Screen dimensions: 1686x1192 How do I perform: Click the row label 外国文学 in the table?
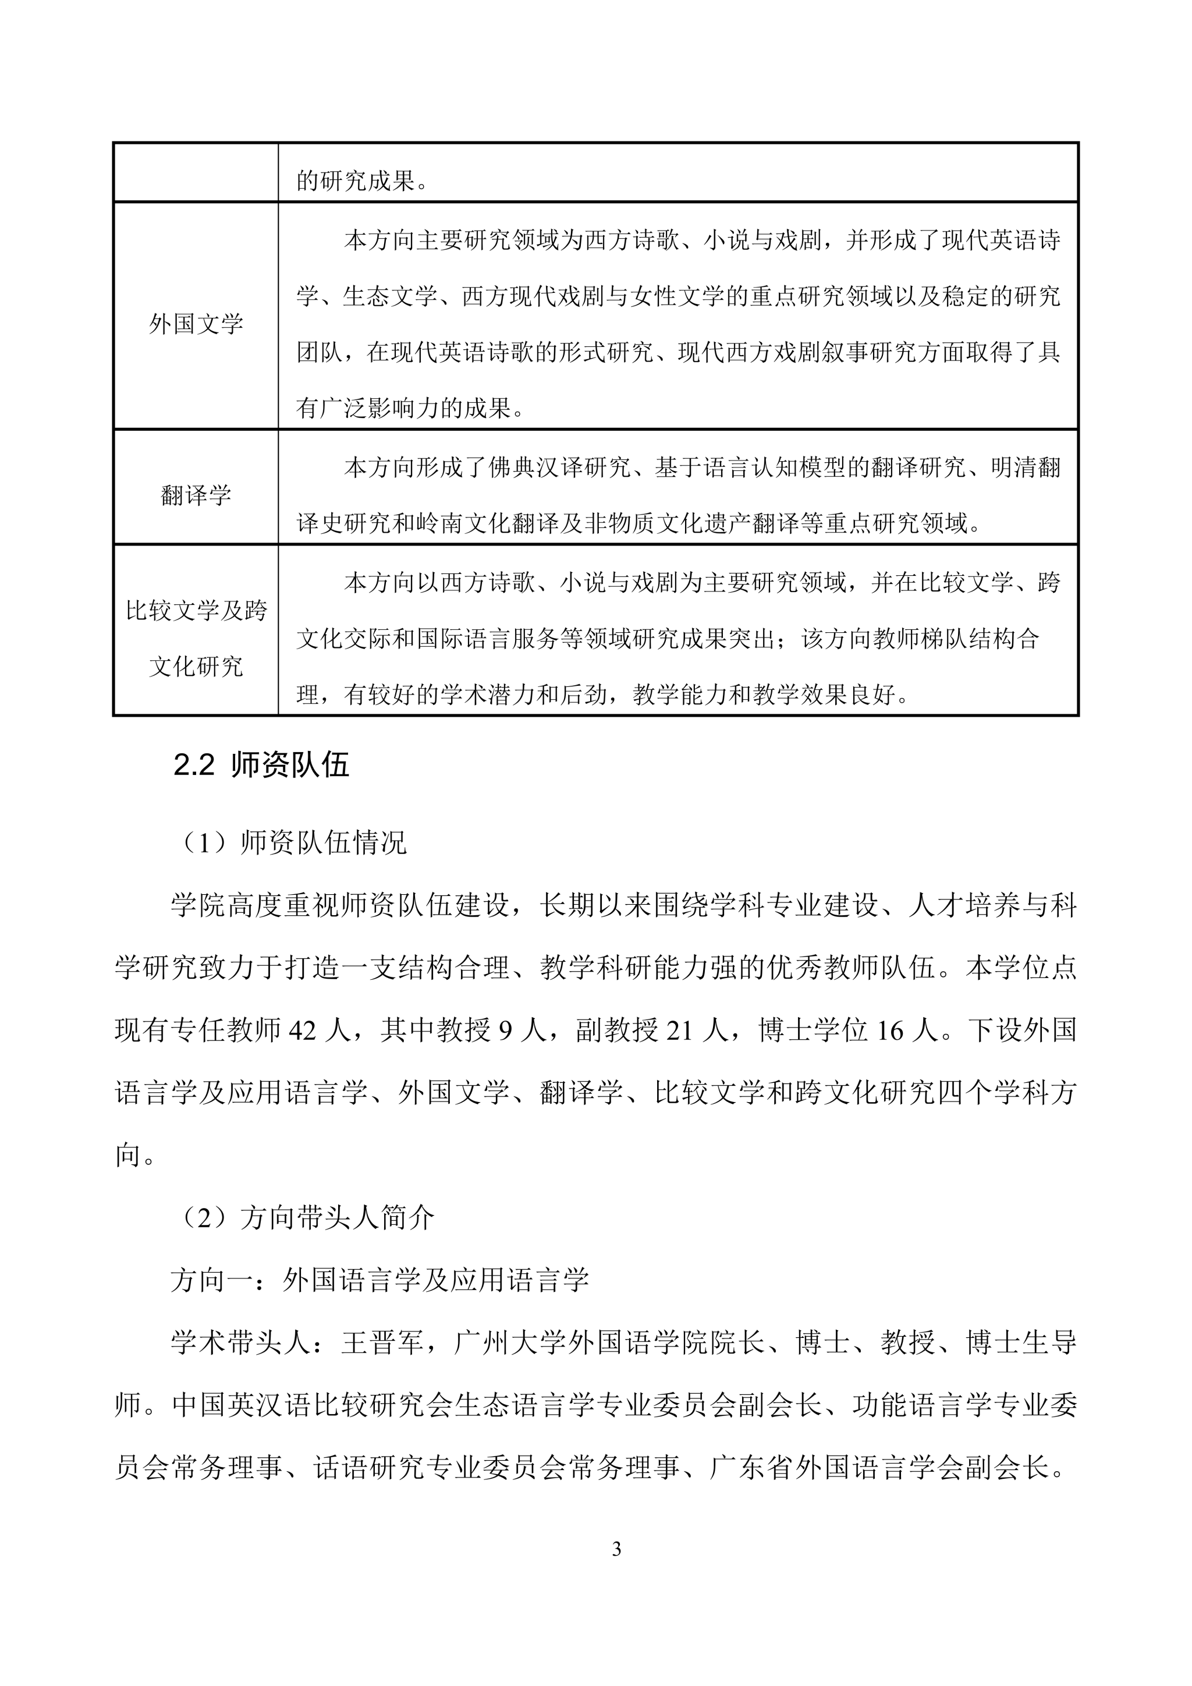(196, 324)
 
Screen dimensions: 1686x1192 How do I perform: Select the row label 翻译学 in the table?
(196, 495)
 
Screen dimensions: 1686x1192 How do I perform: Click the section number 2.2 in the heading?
(194, 765)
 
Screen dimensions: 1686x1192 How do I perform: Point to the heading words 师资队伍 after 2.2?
(290, 765)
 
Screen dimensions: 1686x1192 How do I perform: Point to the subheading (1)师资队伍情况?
(292, 843)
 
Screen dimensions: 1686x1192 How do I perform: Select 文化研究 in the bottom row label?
(196, 667)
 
